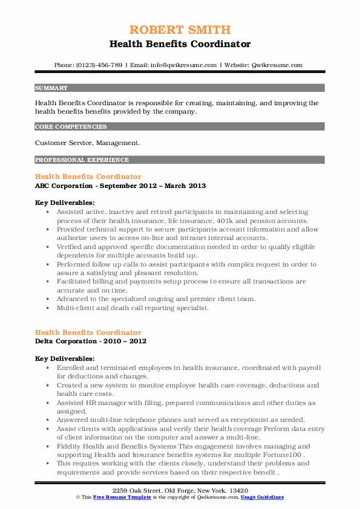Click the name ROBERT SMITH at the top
[180, 30]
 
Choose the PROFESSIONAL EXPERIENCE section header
[82, 160]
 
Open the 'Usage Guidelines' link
[263, 496]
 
